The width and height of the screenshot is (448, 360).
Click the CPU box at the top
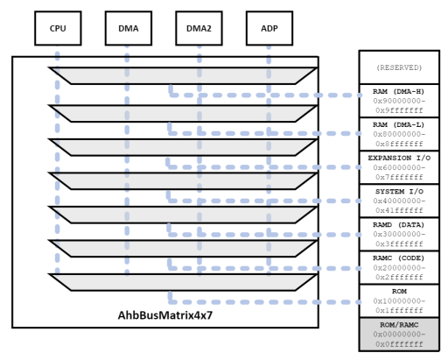58,28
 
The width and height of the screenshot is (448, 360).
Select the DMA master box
128,28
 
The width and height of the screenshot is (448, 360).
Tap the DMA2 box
199,28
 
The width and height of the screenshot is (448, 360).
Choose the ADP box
269,28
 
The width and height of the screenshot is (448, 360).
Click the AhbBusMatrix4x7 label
165,314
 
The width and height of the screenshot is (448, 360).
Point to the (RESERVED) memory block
398,67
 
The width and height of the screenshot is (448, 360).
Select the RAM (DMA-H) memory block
398,101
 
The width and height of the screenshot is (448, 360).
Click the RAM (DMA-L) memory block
398,134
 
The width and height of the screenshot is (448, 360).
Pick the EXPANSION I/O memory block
398,167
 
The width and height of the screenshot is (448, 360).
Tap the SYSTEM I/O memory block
398,201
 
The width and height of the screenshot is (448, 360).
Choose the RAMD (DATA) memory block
398,234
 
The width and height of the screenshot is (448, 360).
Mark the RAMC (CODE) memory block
398,267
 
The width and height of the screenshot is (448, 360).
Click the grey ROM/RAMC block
398,334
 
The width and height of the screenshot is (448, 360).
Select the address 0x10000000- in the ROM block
398,301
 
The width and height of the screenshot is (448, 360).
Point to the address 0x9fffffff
398,111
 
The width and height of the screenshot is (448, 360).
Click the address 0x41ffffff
398,211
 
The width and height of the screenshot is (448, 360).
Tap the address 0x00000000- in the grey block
398,335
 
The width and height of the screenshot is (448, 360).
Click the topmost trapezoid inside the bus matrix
183,76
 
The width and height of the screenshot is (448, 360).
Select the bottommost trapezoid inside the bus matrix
183,282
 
